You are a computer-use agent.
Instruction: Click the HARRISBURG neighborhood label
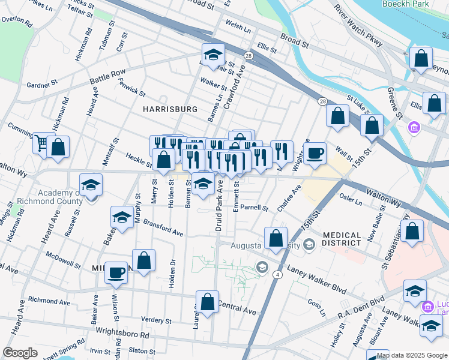[170, 109]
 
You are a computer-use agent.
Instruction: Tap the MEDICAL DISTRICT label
[342, 239]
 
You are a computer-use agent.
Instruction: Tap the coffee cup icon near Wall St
[315, 154]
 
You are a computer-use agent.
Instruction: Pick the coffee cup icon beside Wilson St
[116, 272]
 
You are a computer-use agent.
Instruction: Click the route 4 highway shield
[277, 275]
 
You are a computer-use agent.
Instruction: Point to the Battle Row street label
[107, 76]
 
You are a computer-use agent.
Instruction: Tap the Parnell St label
[255, 208]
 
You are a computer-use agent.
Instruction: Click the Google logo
[20, 352]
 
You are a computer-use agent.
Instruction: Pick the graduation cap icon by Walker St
[213, 55]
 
